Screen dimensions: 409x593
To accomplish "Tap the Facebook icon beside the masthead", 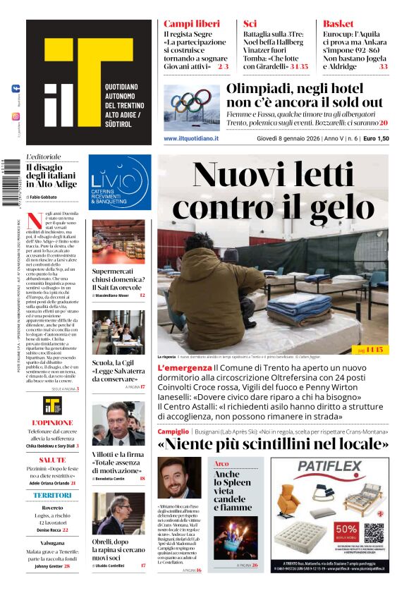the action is (16, 90).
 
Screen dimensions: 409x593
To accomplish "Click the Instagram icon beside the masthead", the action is (16, 116).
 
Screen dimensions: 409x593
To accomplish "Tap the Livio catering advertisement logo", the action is (119, 183).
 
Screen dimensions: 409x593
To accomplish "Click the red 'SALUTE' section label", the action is (52, 459).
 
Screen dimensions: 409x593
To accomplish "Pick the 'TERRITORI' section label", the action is (52, 495).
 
